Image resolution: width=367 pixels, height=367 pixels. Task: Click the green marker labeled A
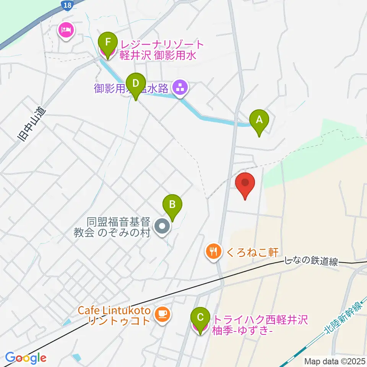point(259,120)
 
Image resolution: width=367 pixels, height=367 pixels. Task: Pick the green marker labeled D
point(135,83)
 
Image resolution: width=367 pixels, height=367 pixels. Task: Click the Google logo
point(26,358)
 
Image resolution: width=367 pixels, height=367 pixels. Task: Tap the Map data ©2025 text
point(335,361)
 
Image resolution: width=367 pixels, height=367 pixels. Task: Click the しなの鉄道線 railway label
point(312,262)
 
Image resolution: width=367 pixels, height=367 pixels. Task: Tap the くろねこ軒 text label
point(252,252)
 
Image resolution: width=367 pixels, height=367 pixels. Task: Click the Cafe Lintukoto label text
point(114,310)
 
